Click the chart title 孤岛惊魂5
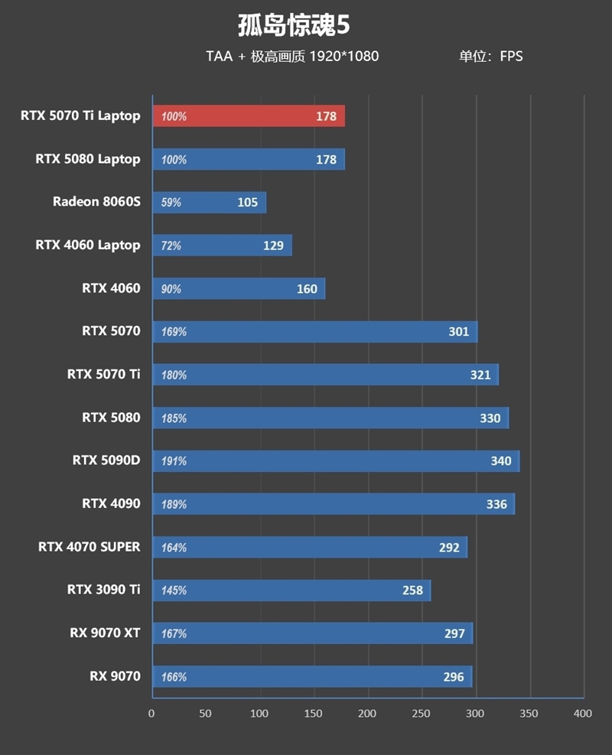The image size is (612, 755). (x=294, y=25)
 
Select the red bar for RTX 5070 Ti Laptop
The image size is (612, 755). (x=249, y=116)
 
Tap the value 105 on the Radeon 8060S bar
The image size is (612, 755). (x=248, y=203)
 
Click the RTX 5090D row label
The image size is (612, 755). (x=106, y=460)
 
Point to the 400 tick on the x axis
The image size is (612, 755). (x=583, y=714)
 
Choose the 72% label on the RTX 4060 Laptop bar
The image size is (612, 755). (x=171, y=246)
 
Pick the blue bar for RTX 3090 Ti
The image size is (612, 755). (x=291, y=591)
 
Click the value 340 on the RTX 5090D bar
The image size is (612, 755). (x=501, y=461)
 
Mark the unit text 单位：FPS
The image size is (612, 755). (x=490, y=56)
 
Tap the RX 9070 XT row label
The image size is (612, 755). (x=104, y=633)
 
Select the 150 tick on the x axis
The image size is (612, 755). (x=314, y=714)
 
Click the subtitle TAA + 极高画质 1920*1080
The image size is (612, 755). (x=291, y=56)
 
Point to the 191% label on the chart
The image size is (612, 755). (x=174, y=461)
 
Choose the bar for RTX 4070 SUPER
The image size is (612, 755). (x=310, y=548)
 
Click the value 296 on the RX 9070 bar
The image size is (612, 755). (x=454, y=677)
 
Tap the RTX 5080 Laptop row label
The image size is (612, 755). (x=88, y=159)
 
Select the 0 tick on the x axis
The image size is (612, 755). (x=151, y=714)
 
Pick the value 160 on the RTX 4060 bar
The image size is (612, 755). (x=307, y=289)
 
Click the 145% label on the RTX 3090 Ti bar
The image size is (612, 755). (x=174, y=591)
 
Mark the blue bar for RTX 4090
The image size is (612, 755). (x=334, y=504)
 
